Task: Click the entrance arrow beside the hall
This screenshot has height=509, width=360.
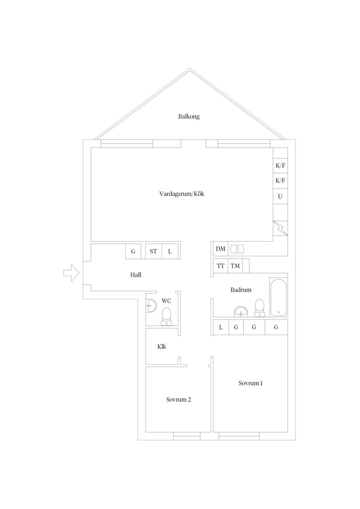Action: tap(71, 273)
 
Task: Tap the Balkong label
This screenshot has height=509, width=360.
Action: tap(189, 116)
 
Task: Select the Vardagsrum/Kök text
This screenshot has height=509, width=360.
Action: tap(182, 194)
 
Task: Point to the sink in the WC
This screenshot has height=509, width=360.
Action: tap(151, 305)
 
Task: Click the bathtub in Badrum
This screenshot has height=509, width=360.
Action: tap(278, 297)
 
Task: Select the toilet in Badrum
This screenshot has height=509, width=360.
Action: tap(259, 307)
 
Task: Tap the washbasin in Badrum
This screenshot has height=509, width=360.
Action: tap(241, 312)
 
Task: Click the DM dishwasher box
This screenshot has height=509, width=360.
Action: tap(221, 249)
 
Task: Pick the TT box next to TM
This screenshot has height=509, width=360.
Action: tap(221, 266)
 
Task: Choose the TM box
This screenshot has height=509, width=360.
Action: tap(235, 266)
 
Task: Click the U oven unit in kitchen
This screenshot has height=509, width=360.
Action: tap(280, 197)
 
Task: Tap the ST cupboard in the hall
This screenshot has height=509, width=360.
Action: tap(153, 251)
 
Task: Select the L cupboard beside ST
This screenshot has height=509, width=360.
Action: tap(170, 251)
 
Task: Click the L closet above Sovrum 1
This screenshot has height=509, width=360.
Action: tap(221, 327)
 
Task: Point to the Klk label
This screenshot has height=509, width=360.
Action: tap(162, 347)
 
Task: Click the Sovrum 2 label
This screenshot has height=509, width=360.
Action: tap(179, 400)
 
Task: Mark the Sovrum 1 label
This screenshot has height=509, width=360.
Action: tap(251, 383)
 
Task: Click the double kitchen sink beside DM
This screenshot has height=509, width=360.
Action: tap(237, 249)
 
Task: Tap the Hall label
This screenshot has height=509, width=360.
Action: tap(136, 275)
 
